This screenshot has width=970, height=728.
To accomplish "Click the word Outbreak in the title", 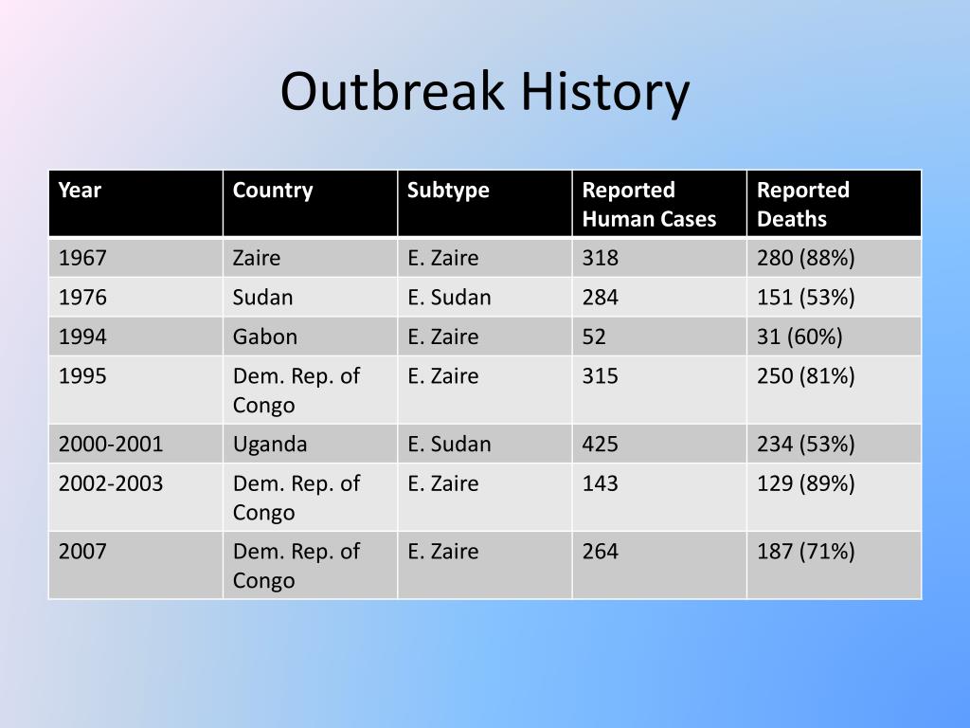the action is (392, 91).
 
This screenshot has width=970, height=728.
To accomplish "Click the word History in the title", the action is (605, 94).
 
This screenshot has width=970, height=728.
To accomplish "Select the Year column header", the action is (80, 190).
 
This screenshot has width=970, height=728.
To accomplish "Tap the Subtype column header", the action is (448, 191).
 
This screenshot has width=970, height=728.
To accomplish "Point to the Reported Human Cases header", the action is (649, 205).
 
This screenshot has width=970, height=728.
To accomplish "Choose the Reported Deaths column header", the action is (803, 205).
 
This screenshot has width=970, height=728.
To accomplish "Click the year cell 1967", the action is (82, 258).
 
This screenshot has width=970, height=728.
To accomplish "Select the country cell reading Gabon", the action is (265, 337).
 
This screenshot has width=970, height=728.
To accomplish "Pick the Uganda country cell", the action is (270, 445).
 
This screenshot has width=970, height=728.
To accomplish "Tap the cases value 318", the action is (600, 258).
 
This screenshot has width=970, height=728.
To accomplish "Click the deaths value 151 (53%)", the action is (805, 298).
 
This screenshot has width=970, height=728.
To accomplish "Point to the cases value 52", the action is (594, 337).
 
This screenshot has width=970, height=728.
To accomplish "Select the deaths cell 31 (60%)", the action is (799, 337).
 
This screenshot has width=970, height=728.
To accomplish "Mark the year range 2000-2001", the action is (111, 444).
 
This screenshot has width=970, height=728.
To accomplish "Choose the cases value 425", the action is (600, 444).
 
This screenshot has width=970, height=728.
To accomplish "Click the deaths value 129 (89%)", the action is (805, 483).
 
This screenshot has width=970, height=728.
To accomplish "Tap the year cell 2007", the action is (82, 551).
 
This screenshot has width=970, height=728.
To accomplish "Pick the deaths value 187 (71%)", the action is (805, 552).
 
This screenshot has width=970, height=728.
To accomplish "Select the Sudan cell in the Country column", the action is (262, 297).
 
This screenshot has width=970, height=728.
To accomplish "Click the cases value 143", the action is (600, 482).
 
